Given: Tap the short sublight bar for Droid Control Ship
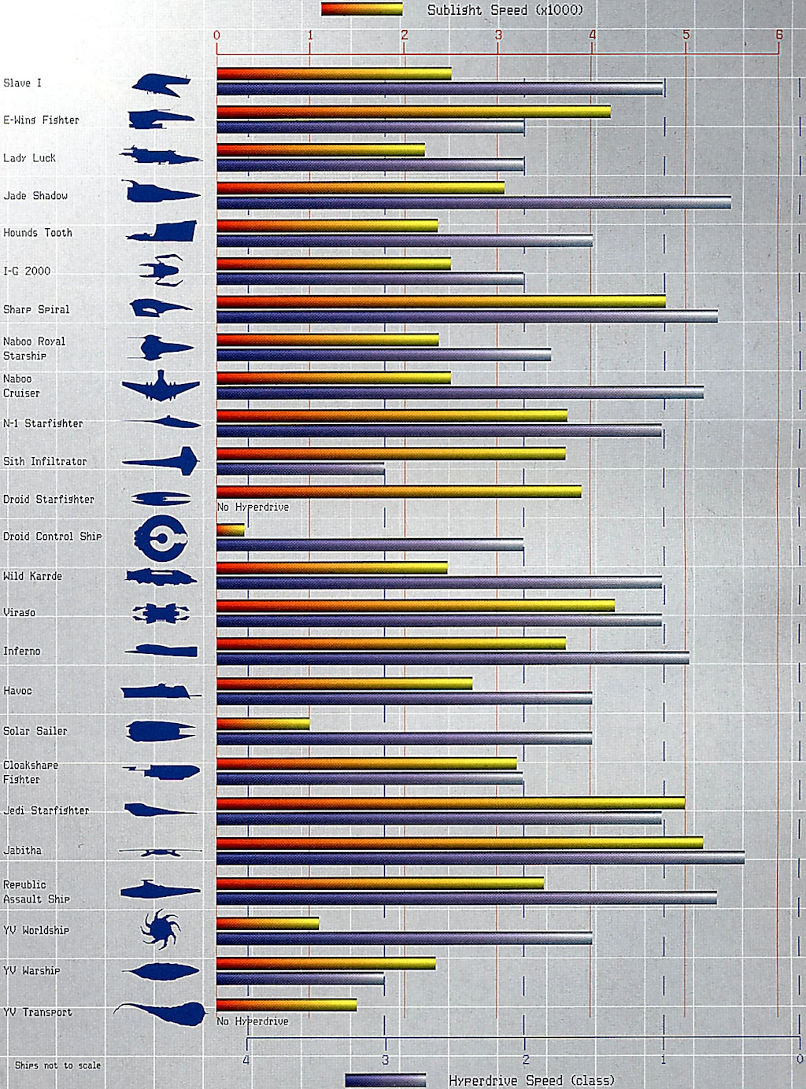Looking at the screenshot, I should [x=231, y=530].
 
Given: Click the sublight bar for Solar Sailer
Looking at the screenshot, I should [x=263, y=724].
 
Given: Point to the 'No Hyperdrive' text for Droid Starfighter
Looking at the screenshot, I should [x=253, y=508].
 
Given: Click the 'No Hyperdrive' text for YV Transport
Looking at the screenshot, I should [x=253, y=1021].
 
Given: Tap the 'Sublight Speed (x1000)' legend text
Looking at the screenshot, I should [x=505, y=10].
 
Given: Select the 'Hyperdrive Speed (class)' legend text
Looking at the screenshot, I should [x=531, y=1080].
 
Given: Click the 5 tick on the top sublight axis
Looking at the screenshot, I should [x=686, y=35].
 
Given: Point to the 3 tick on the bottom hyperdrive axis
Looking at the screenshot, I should [x=386, y=1060].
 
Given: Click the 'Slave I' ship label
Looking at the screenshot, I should [x=22, y=83].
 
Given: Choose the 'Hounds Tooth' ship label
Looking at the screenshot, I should [x=38, y=233].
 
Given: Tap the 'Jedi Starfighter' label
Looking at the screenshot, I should [x=46, y=810].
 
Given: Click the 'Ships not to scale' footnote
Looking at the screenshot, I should [x=57, y=1065].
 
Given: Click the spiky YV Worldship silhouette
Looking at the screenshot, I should [x=161, y=929].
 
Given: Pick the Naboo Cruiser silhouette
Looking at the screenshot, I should [x=161, y=386].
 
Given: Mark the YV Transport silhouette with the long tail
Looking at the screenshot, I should [x=161, y=1013].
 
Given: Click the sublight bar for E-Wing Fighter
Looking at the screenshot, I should [x=413, y=112].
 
